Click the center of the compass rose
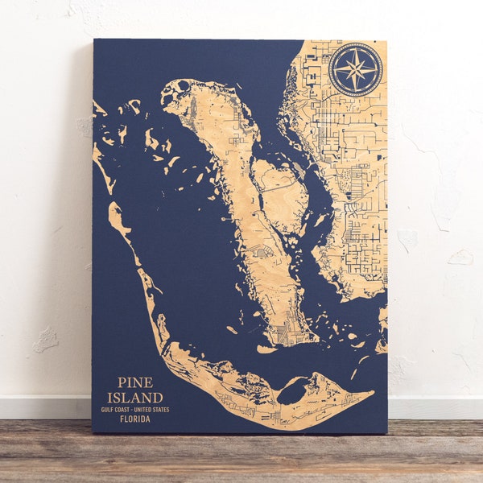click(x=356, y=69)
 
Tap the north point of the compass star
click(x=356, y=47)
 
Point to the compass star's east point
click(x=378, y=69)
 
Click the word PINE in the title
click(x=134, y=382)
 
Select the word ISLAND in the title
click(x=134, y=397)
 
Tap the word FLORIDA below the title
click(x=134, y=419)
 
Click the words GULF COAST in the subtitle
click(x=113, y=409)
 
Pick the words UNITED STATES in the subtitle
click(x=152, y=409)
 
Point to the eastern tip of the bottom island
click(x=373, y=394)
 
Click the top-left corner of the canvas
click(x=93, y=39)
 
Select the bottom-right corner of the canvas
click(x=386, y=433)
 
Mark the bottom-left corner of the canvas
click(x=93, y=433)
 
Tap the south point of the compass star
click(x=356, y=91)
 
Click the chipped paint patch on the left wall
click(x=46, y=340)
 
